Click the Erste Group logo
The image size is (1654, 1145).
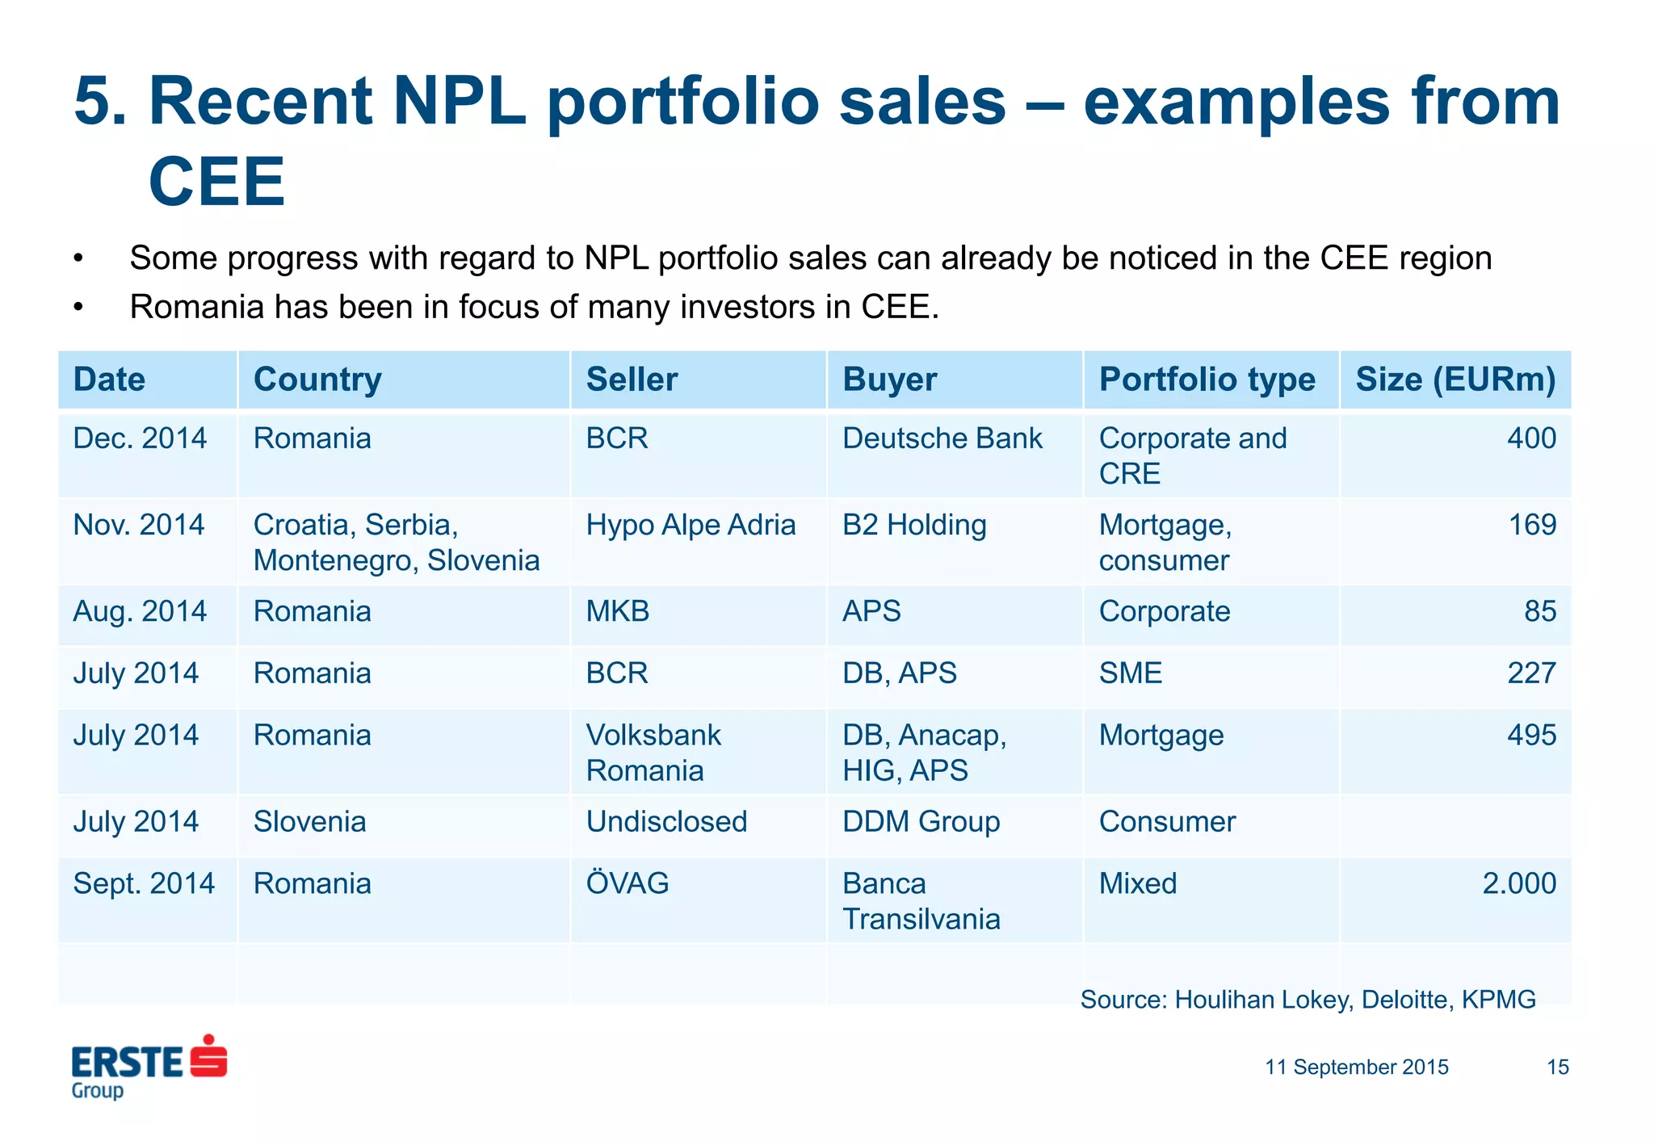(x=149, y=1066)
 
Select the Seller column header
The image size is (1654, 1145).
(x=632, y=380)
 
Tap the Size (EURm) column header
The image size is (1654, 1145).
(x=1455, y=380)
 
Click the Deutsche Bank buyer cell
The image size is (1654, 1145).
(x=942, y=438)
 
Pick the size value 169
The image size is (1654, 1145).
(x=1532, y=526)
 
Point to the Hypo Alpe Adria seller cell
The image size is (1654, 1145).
(x=691, y=526)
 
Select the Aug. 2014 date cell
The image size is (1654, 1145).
(x=140, y=611)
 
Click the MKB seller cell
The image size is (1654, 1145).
(x=618, y=611)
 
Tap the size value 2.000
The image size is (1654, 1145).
(x=1518, y=883)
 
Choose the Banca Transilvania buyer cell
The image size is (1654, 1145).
(x=921, y=901)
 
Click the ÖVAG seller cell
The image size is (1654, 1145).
(x=628, y=883)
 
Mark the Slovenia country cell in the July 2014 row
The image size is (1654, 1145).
(x=309, y=822)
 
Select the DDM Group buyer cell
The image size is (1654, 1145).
(x=921, y=822)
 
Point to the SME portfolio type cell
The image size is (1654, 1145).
(x=1131, y=673)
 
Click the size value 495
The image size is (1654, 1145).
(x=1531, y=736)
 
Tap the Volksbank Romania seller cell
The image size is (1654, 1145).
(x=653, y=753)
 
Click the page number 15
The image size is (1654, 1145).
(x=1557, y=1067)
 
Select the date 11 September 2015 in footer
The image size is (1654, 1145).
(x=1356, y=1067)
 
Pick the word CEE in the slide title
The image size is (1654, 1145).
(x=216, y=182)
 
